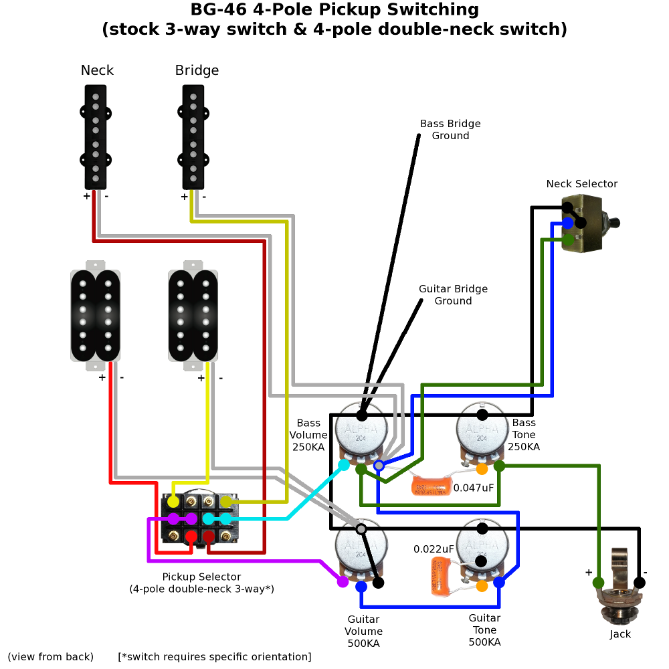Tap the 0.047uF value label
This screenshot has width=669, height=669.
(474, 488)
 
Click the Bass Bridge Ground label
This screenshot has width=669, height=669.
(450, 130)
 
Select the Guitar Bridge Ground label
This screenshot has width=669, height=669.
(453, 295)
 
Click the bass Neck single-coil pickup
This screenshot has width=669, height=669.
(96, 137)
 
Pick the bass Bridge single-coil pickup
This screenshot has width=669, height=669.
(193, 137)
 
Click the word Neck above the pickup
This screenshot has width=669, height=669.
(97, 70)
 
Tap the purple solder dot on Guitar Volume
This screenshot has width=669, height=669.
(343, 582)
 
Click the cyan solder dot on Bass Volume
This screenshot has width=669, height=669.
(344, 464)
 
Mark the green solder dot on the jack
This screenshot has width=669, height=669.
(599, 583)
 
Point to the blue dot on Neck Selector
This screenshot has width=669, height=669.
(568, 223)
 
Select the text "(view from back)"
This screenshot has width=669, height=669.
(51, 657)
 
